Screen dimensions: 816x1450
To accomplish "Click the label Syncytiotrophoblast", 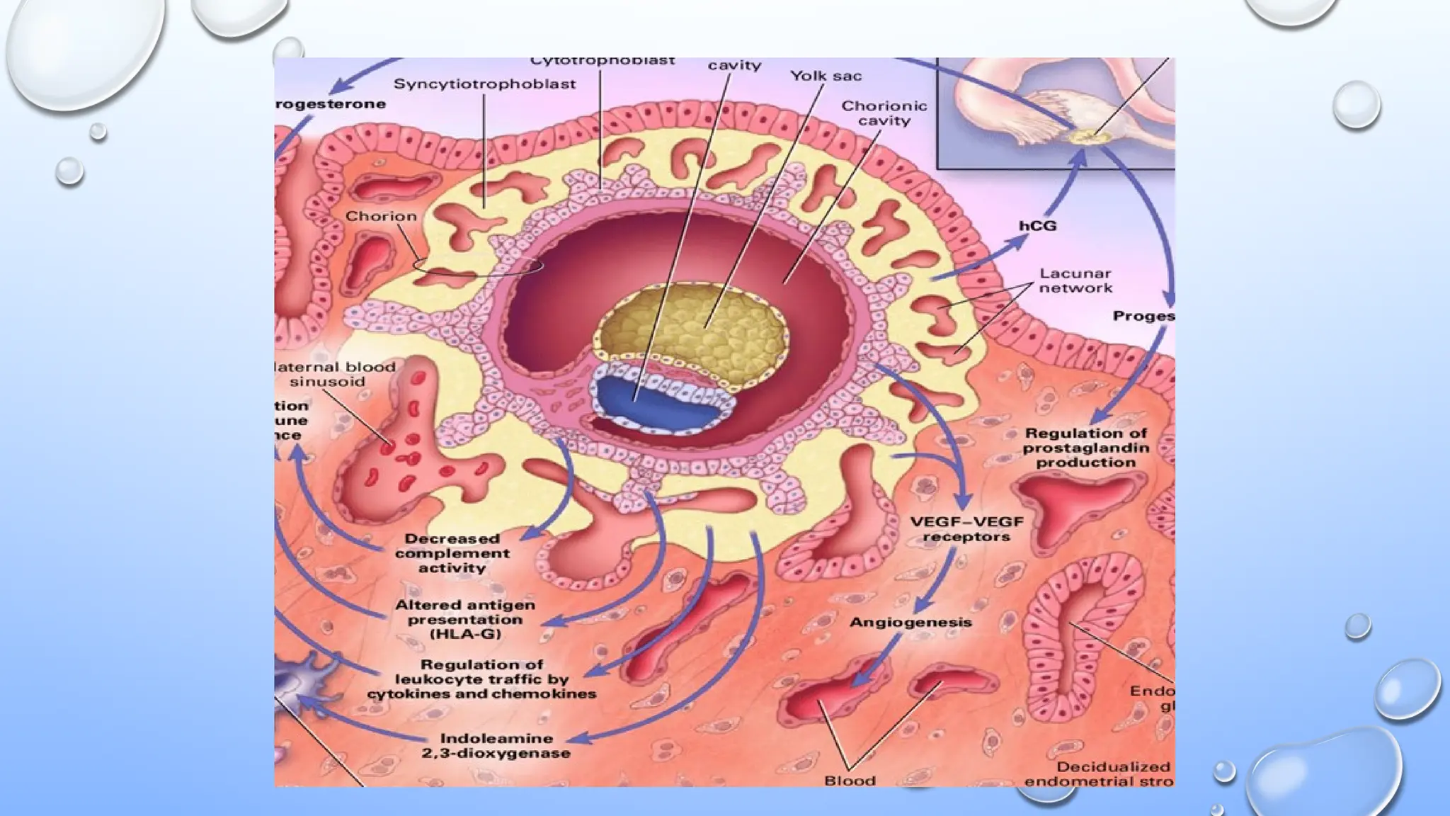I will (484, 84).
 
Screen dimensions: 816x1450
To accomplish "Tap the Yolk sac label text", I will (826, 76).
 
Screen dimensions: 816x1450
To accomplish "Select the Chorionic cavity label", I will (884, 113).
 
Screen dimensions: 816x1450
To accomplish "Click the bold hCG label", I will (1037, 226).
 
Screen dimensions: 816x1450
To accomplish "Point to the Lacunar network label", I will (1075, 280).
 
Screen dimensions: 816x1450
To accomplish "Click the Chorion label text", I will (381, 216).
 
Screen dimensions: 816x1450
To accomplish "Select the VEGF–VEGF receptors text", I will (966, 529).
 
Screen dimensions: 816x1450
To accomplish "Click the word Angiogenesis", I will (910, 623).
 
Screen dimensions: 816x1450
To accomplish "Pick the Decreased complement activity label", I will (452, 553).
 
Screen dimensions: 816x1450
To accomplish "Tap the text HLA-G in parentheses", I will (465, 634).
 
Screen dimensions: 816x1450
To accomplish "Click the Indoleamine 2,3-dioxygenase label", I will (496, 746).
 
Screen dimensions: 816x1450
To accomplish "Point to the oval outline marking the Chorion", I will (479, 267).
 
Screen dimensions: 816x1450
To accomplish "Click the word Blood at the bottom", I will (850, 781).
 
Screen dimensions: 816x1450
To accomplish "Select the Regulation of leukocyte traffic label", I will (481, 679).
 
